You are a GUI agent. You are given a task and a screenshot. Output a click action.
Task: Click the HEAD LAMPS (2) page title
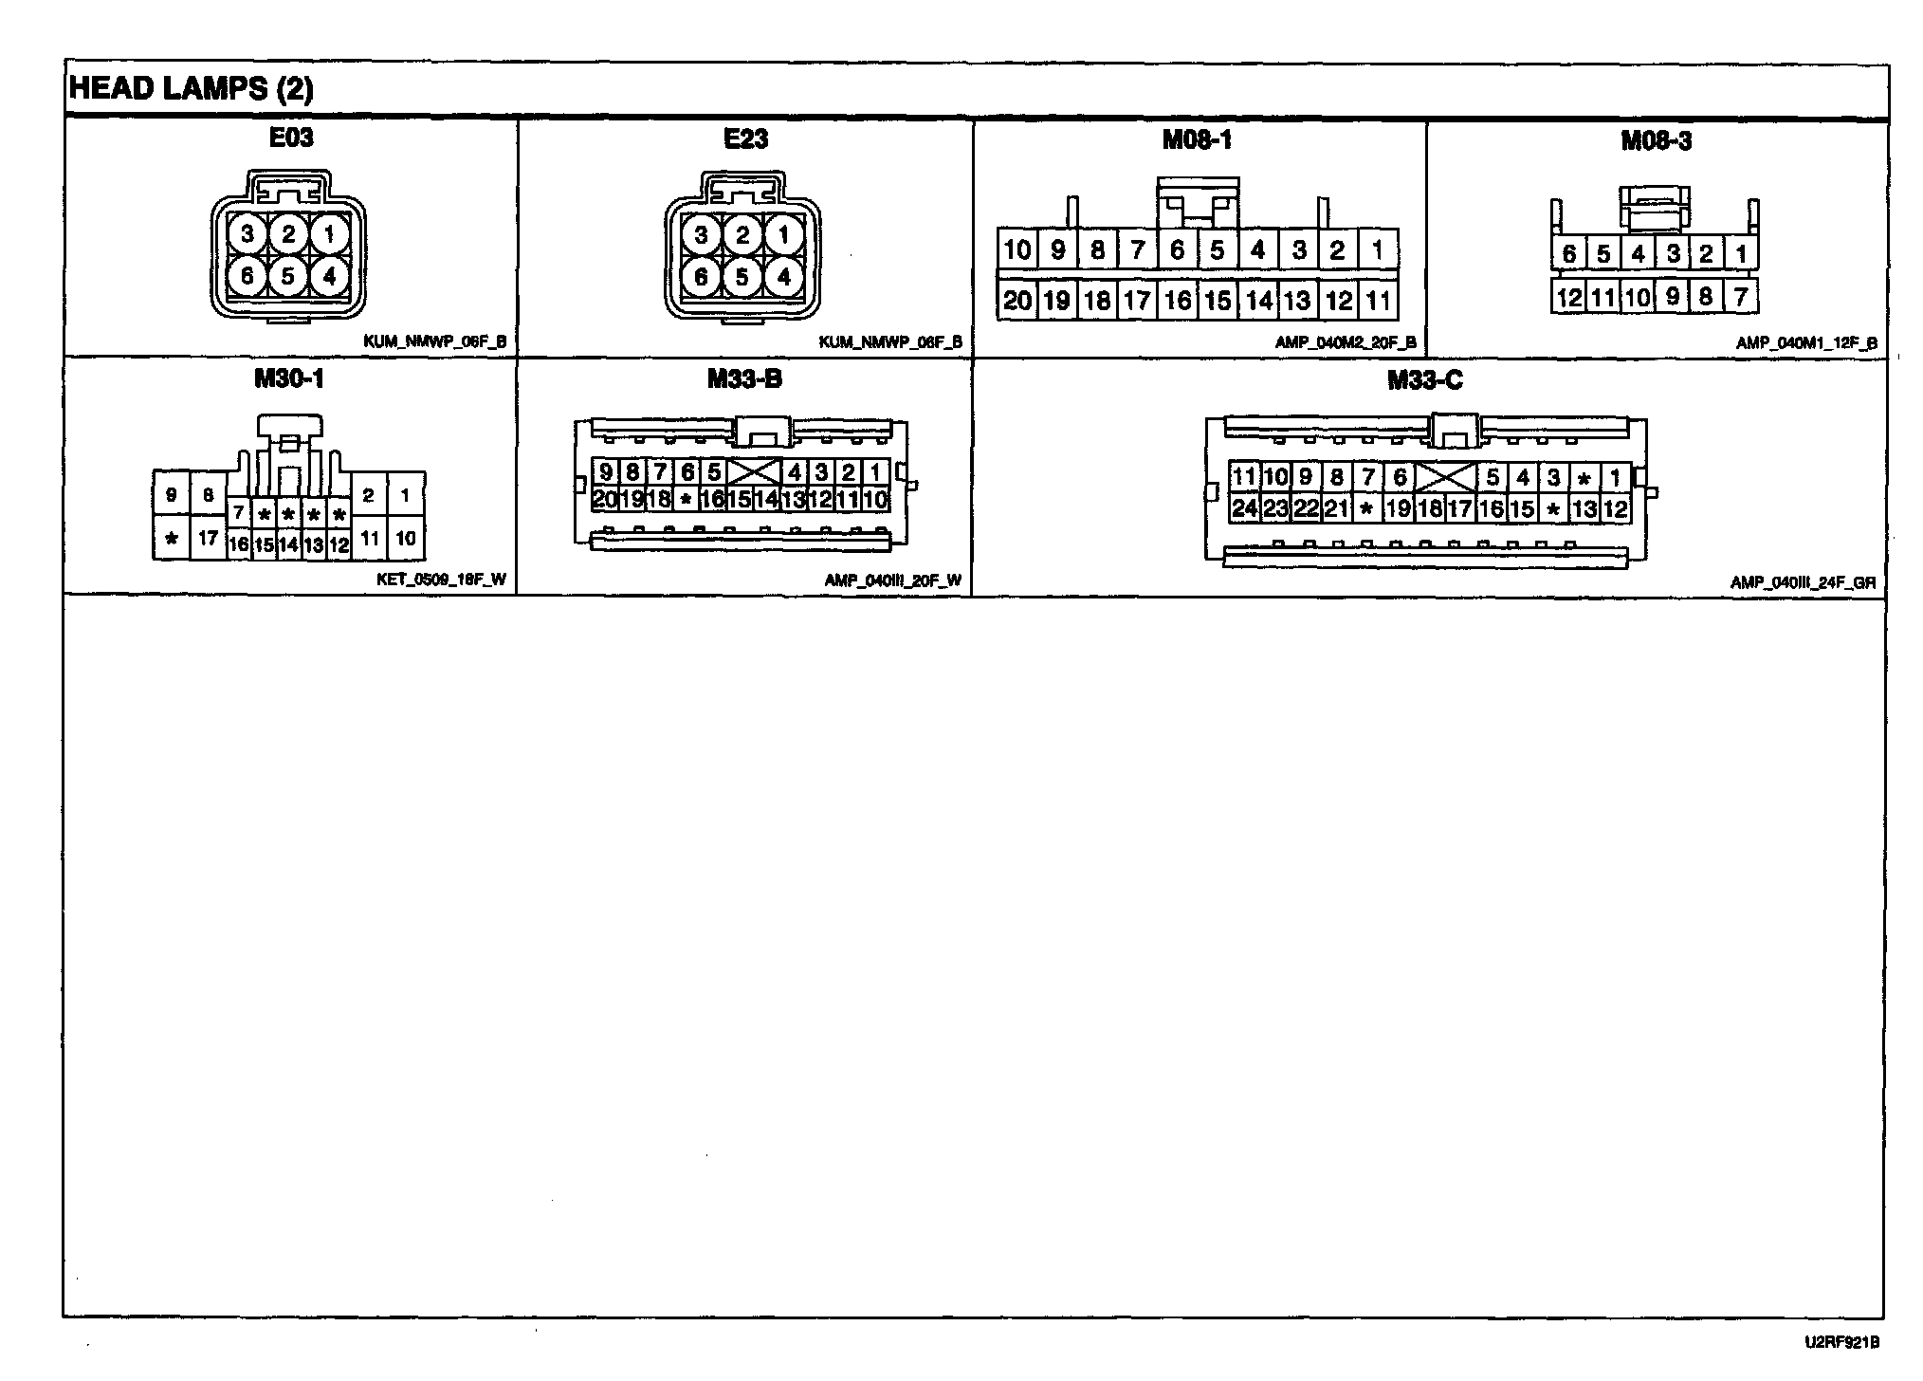192,89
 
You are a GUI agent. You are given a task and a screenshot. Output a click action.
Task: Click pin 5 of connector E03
288,276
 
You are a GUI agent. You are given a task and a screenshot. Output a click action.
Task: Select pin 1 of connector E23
783,235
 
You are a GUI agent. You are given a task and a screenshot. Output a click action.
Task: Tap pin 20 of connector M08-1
1016,301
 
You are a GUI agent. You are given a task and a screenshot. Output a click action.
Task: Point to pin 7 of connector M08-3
1741,297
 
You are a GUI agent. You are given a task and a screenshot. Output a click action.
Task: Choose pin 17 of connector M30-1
209,539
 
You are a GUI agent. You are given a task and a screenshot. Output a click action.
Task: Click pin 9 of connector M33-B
605,471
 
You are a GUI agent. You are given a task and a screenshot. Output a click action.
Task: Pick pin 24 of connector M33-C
1243,508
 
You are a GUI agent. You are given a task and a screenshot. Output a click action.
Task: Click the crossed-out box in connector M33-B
753,471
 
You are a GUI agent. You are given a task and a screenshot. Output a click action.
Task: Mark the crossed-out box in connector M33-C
1445,477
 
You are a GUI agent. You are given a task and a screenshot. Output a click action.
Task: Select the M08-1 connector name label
1197,140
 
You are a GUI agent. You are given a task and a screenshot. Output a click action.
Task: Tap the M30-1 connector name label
289,379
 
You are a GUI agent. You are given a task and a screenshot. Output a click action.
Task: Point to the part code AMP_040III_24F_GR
1803,582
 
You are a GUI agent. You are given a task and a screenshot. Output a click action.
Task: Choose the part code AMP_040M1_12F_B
1806,343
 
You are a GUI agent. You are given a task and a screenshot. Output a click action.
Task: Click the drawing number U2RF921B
1842,1342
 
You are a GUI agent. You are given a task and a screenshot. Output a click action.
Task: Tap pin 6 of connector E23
701,277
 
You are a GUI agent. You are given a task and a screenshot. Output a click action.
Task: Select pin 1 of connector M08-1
1378,250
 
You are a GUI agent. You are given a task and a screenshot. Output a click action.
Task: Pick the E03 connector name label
291,138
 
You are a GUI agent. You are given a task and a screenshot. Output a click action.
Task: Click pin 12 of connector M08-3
1569,298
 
